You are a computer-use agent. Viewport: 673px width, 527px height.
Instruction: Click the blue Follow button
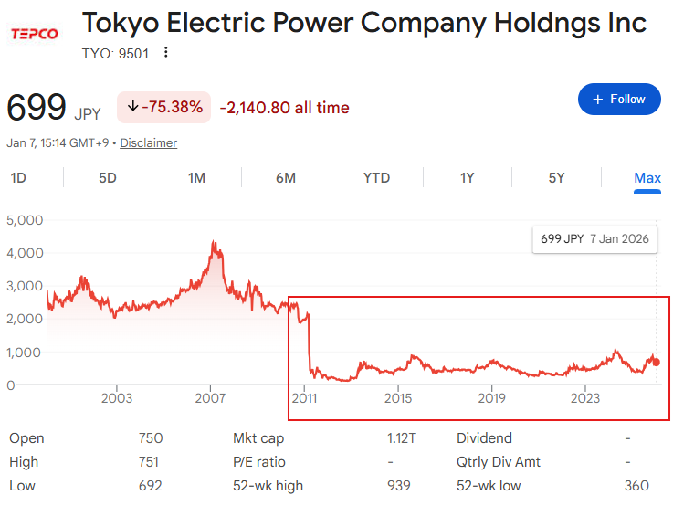[619, 99]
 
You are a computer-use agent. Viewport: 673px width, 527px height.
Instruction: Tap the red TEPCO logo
[34, 34]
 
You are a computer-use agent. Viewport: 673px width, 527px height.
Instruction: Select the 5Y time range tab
[556, 178]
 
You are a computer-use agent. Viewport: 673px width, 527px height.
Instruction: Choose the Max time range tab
[647, 178]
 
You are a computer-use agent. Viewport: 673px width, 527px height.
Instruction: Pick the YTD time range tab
[376, 178]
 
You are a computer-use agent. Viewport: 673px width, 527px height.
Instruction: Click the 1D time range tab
[18, 178]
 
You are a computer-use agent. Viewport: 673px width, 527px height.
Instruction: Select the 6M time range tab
[286, 178]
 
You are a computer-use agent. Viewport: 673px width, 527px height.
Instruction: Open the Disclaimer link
[149, 143]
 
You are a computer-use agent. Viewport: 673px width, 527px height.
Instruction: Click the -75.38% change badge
[164, 107]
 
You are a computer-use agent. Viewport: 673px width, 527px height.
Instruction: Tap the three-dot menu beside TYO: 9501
[165, 52]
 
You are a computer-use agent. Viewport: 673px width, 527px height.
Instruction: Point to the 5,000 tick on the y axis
[25, 220]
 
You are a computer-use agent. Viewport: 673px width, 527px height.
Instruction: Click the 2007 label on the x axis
[211, 398]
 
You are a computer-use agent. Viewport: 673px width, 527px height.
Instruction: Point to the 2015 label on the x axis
[397, 398]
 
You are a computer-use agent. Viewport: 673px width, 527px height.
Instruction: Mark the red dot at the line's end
[656, 363]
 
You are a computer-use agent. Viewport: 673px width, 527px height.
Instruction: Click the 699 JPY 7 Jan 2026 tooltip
[594, 239]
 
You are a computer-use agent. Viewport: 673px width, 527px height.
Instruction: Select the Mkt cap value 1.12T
[402, 438]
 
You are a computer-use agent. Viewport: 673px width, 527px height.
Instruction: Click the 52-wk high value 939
[398, 486]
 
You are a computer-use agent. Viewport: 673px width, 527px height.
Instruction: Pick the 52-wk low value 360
[636, 486]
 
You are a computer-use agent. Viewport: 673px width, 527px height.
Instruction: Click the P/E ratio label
[259, 462]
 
